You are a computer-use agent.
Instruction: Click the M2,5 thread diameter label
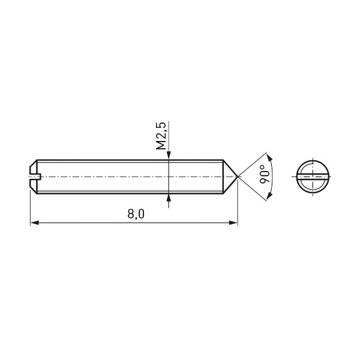coord(161,136)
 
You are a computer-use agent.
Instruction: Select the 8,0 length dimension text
coord(136,214)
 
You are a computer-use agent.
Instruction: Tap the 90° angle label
coord(265,174)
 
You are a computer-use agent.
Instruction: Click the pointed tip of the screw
coord(238,177)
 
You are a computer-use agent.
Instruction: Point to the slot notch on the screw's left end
coord(35,177)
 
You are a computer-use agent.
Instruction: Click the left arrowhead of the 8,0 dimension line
coord(34,223)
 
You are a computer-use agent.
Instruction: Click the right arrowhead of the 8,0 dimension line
coord(233,223)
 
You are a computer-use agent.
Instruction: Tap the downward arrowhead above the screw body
coord(169,155)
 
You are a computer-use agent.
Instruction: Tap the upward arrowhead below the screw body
coord(169,198)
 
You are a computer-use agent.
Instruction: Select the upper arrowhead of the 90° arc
coord(269,157)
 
